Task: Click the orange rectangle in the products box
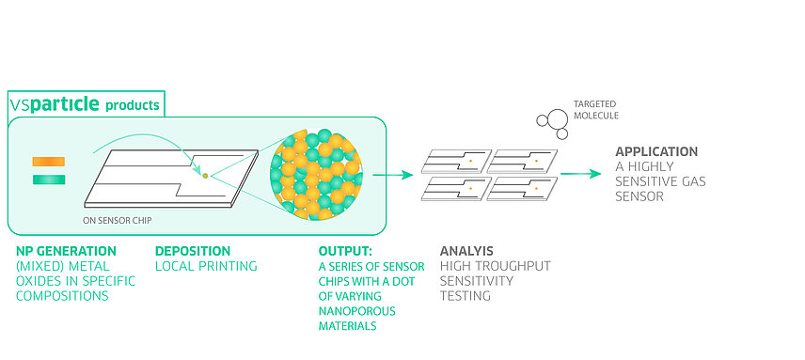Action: click(48, 162)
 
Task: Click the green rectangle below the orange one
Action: click(48, 180)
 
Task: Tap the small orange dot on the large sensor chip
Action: click(204, 174)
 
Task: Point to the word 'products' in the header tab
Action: click(132, 104)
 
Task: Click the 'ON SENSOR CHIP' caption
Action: click(118, 221)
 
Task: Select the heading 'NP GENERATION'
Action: click(66, 251)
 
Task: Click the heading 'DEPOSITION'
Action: click(192, 251)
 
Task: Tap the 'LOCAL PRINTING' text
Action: click(206, 266)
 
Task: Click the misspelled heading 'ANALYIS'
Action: click(466, 251)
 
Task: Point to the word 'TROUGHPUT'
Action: click(516, 266)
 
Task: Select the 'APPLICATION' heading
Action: click(656, 151)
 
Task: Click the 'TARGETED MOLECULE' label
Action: click(596, 110)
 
